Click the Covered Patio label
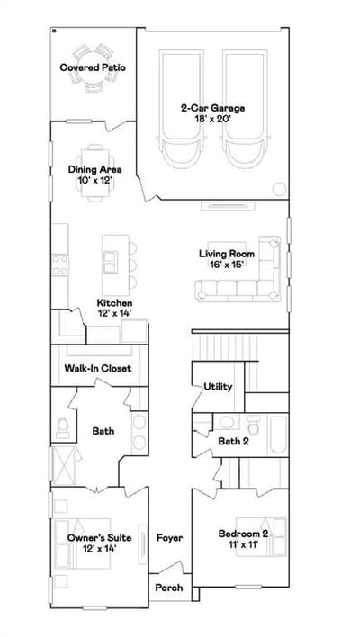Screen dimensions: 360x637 pyautogui.click(x=93, y=67)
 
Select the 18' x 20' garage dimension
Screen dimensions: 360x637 pyautogui.click(x=212, y=119)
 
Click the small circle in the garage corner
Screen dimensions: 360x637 pyautogui.click(x=279, y=189)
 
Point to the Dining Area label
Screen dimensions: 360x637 pyautogui.click(x=95, y=169)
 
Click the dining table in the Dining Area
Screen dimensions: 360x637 pyautogui.click(x=95, y=173)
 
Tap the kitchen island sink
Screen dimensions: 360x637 pyautogui.click(x=110, y=262)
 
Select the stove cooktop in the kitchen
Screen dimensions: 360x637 pyautogui.click(x=60, y=265)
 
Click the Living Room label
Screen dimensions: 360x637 pyautogui.click(x=227, y=254)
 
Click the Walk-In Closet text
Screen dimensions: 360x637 pyautogui.click(x=98, y=369)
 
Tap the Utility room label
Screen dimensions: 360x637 pyautogui.click(x=218, y=387)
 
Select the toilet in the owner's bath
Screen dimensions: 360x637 pyautogui.click(x=63, y=427)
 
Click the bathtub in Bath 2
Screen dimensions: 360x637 pyautogui.click(x=278, y=435)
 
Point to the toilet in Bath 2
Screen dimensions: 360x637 pyautogui.click(x=254, y=425)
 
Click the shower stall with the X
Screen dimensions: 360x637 pyautogui.click(x=64, y=465)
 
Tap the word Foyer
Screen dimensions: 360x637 pyautogui.click(x=170, y=538)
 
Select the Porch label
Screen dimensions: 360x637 pyautogui.click(x=169, y=588)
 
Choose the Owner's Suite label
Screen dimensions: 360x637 pyautogui.click(x=99, y=538)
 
